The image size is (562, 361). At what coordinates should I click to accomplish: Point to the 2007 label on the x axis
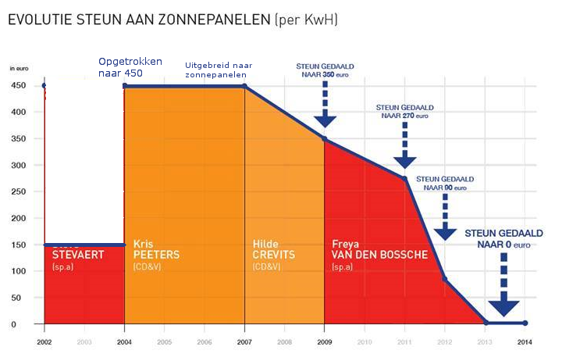click(x=245, y=342)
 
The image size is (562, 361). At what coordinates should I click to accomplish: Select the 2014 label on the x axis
click(x=525, y=342)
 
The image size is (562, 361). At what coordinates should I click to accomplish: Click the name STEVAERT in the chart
click(x=78, y=255)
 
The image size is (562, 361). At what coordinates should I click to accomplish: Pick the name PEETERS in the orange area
click(x=157, y=255)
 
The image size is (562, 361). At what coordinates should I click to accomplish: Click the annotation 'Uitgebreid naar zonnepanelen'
click(x=215, y=70)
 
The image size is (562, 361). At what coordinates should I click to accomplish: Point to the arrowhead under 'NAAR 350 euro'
click(x=325, y=120)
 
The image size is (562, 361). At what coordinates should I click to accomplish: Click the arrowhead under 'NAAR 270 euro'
click(x=405, y=161)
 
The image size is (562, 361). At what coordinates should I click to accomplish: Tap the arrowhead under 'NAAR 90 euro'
click(x=445, y=232)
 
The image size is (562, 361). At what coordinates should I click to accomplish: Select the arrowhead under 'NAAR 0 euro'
click(x=504, y=307)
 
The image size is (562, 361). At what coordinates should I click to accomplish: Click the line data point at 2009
click(x=325, y=139)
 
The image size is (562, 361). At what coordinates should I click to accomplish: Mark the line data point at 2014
click(x=525, y=323)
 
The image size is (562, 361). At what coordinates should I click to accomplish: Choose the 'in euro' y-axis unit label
click(x=19, y=70)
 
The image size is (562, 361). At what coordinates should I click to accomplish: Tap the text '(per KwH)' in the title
click(x=307, y=19)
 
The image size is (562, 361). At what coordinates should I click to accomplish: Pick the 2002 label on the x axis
click(x=44, y=342)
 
